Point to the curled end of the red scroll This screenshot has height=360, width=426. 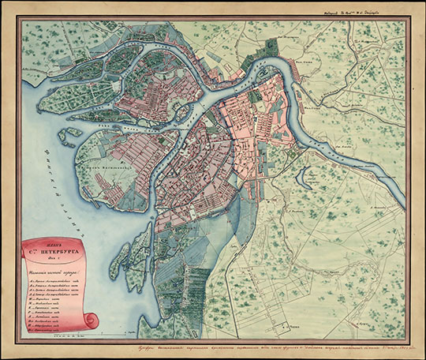[x=91, y=321]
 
